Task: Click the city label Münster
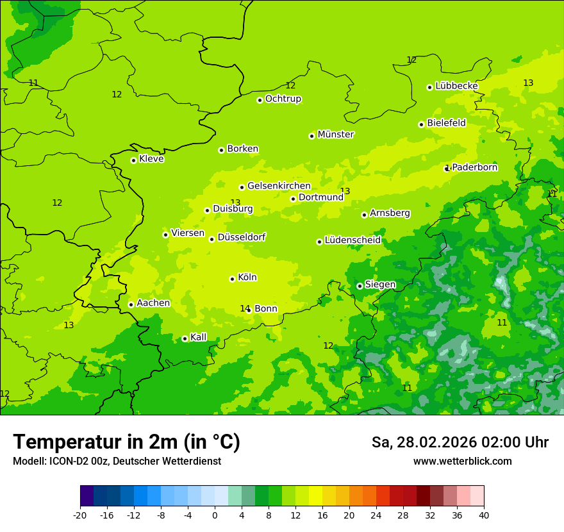(336, 135)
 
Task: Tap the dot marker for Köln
(232, 279)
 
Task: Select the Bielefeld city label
(446, 123)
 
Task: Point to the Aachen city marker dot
(131, 304)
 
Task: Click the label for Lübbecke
(456, 86)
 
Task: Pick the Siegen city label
(380, 285)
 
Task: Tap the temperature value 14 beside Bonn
(244, 309)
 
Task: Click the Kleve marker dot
(133, 160)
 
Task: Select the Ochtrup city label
(283, 99)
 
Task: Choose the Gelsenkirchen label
(279, 186)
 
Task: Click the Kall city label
(199, 337)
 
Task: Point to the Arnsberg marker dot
(364, 215)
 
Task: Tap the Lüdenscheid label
(352, 240)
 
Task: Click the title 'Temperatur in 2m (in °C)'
(126, 442)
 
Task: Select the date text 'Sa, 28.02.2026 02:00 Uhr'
(460, 442)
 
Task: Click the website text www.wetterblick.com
(462, 461)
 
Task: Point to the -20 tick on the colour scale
(80, 515)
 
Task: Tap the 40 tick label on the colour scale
(484, 515)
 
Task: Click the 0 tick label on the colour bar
(215, 515)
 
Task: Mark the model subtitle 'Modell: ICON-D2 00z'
(61, 461)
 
